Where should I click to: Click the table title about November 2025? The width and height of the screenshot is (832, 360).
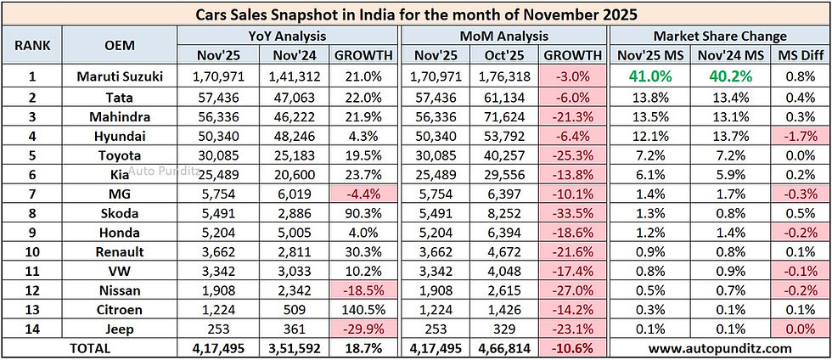416,14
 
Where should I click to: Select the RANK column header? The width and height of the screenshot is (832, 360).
31,46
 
